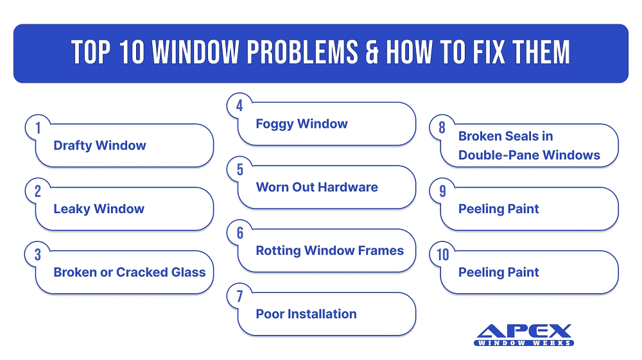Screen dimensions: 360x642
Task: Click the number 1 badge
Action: (x=38, y=128)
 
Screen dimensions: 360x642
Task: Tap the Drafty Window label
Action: (x=100, y=146)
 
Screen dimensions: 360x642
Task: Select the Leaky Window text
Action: (x=99, y=209)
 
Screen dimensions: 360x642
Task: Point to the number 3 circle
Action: (x=38, y=255)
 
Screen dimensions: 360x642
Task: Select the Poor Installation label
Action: (x=306, y=314)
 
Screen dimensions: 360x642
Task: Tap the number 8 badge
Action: (x=442, y=128)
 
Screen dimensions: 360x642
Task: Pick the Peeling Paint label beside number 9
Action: (x=499, y=209)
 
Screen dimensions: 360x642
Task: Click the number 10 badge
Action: (x=443, y=255)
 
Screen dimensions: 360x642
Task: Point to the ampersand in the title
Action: (x=370, y=53)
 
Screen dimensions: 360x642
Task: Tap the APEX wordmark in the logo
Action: (x=524, y=331)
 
